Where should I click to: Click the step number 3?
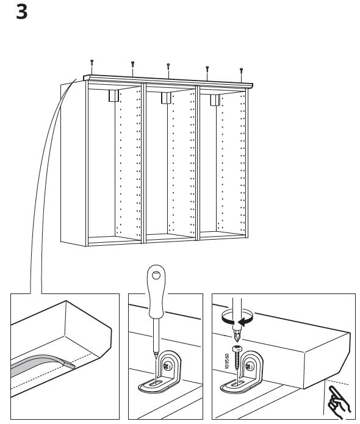[x=21, y=12]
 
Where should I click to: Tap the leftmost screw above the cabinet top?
[x=92, y=63]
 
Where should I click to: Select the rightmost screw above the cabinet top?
[x=241, y=71]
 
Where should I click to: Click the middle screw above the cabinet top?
[x=168, y=66]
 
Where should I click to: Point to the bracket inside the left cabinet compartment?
[x=113, y=96]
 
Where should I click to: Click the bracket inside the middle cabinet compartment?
[x=166, y=98]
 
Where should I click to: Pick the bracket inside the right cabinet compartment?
[x=215, y=100]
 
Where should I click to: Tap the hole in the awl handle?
[x=156, y=276]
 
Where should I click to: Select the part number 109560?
[x=226, y=361]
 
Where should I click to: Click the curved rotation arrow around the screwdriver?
[x=237, y=317]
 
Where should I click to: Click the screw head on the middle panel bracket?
[x=167, y=367]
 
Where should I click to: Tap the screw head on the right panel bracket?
[x=248, y=367]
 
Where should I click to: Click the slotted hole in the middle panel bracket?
[x=155, y=383]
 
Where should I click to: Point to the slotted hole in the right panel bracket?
[x=237, y=383]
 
